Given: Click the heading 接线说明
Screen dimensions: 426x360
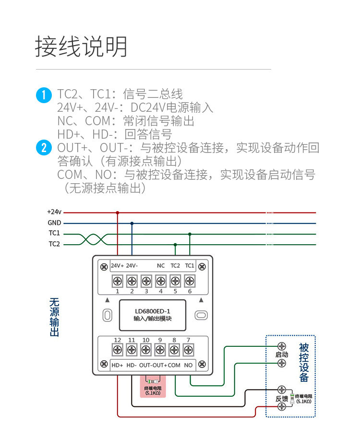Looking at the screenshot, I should (x=82, y=47).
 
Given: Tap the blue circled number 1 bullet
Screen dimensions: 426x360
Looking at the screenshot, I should (x=44, y=95).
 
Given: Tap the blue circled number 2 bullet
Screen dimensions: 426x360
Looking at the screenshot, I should (x=44, y=148).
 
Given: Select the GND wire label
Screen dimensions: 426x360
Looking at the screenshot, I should (x=54, y=223).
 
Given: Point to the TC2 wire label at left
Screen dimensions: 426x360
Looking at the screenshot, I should (x=54, y=244).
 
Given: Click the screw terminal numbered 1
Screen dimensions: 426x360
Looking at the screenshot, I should (x=117, y=281).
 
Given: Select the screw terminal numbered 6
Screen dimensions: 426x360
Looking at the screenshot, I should (x=190, y=281).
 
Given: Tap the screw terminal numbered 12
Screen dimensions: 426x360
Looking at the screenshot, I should (x=117, y=350).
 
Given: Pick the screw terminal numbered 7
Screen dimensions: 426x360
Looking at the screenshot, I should (x=188, y=350).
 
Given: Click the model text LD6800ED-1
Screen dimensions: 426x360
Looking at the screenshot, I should (x=153, y=310).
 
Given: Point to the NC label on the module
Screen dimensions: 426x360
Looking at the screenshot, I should (x=161, y=266).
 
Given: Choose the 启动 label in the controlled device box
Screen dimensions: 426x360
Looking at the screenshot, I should (x=282, y=355).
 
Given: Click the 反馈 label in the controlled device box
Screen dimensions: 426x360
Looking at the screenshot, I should (x=282, y=398).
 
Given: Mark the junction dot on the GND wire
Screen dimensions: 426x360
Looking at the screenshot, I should (x=132, y=223).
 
